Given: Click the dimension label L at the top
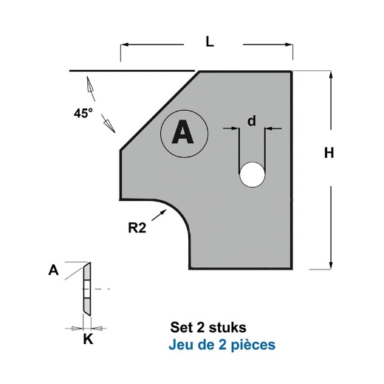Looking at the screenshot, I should click(x=210, y=42).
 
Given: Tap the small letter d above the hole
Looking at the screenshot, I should click(x=252, y=121).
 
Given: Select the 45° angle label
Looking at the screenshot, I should click(x=83, y=114).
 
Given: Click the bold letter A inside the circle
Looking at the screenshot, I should click(x=181, y=133).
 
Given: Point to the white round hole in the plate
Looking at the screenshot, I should click(x=252, y=175).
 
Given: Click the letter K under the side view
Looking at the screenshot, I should click(x=86, y=340).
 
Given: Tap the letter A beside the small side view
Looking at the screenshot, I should click(x=53, y=271).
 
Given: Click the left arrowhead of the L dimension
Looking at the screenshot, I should click(x=124, y=45).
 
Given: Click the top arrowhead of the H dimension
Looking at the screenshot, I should click(x=330, y=75).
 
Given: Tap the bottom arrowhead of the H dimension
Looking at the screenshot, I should click(x=330, y=266).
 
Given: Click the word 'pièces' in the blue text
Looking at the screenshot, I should click(x=256, y=345).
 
